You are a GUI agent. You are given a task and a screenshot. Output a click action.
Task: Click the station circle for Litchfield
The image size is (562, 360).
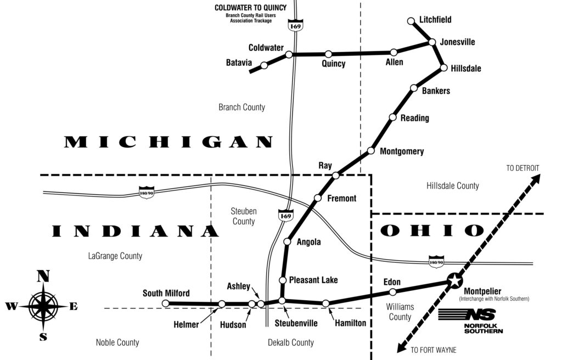(411, 21)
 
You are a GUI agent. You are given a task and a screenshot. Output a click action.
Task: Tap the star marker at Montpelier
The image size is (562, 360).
(454, 281)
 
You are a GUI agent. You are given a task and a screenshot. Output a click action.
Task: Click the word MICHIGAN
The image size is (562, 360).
(168, 143)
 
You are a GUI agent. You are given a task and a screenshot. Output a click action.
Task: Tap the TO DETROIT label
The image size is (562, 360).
(522, 168)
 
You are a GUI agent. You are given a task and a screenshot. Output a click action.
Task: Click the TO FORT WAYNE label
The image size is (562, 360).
(433, 350)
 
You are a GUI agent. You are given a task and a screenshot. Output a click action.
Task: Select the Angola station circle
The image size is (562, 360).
(286, 241)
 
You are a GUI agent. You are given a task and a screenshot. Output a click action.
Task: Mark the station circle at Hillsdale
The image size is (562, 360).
(443, 69)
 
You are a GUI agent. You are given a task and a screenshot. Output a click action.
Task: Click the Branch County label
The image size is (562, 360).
(241, 107)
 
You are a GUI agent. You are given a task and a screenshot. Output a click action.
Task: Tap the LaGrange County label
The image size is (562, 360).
(115, 256)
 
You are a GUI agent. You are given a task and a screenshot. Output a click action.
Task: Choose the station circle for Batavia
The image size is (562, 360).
(264, 65)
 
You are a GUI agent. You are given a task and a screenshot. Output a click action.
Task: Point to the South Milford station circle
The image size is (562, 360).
(166, 303)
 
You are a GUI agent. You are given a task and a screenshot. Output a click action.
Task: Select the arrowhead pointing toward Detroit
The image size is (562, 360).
(538, 177)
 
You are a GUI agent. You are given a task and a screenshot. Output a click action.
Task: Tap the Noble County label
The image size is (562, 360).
(117, 342)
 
